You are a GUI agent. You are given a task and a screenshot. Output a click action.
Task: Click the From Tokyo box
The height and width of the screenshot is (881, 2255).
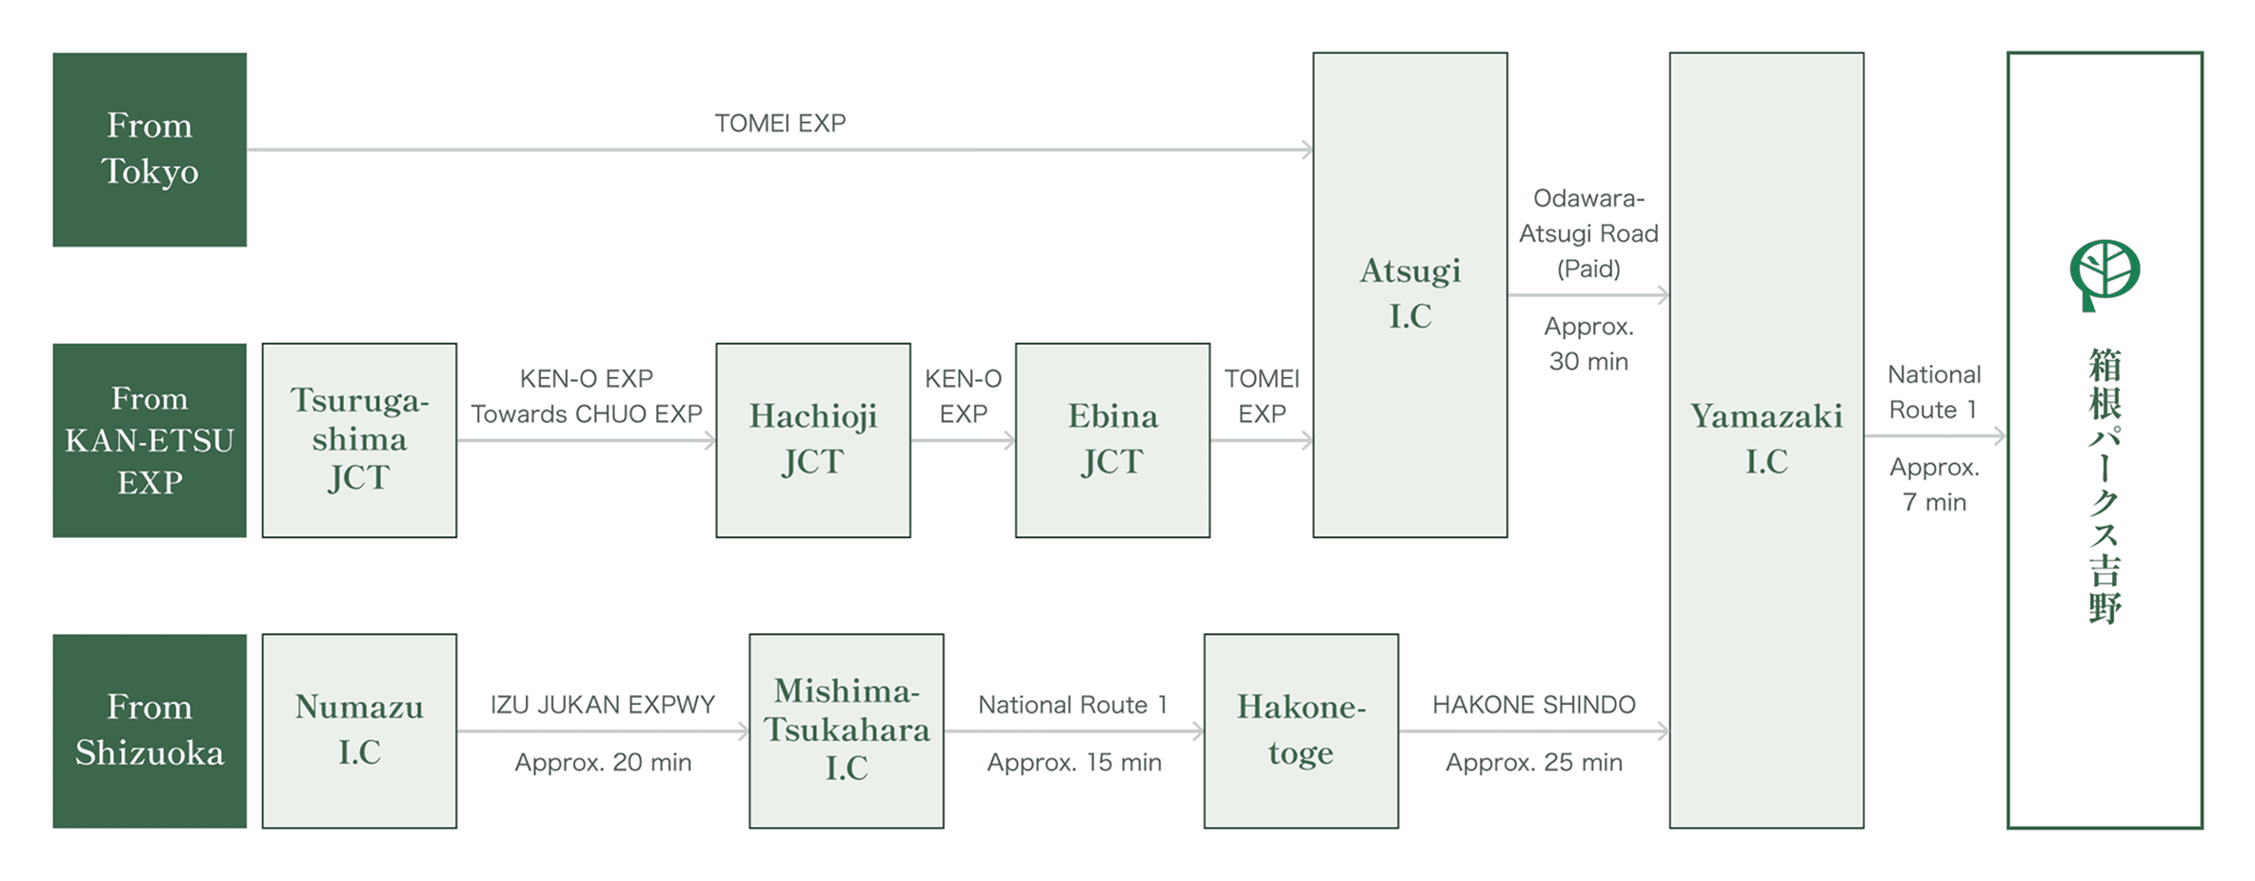150,150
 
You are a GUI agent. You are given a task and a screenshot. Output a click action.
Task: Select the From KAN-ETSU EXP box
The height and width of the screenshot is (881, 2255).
150,440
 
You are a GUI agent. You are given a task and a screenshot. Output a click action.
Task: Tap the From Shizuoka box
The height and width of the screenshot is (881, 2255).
150,731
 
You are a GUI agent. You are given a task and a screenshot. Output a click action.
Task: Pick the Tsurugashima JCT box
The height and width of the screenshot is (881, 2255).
359,440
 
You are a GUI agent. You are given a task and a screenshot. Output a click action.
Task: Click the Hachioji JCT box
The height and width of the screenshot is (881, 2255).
813,440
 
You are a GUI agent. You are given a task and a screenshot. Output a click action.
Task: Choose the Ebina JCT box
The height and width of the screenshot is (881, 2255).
1112,440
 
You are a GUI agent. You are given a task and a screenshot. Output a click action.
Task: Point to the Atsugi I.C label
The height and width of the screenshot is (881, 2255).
1410,293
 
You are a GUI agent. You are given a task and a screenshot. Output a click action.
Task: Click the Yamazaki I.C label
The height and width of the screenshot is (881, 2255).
1766,439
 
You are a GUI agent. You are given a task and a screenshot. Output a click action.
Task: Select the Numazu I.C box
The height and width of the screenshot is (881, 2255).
359,731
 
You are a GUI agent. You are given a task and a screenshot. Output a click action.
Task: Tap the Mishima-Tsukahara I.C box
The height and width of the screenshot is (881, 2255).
847,731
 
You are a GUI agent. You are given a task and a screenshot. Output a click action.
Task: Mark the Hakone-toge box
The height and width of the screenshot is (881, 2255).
1301,731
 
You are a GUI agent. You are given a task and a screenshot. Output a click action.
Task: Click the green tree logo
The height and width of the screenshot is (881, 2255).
2105,275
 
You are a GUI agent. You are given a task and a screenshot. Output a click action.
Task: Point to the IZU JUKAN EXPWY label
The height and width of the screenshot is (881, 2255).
603,705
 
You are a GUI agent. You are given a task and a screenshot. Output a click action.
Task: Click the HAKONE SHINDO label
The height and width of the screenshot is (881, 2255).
1534,705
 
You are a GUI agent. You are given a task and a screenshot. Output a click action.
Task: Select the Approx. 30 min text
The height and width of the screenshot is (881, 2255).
1588,344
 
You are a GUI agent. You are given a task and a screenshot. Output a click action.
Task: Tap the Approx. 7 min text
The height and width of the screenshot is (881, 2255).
1934,485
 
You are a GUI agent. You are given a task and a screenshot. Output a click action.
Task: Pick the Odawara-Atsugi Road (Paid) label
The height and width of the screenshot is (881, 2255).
1588,233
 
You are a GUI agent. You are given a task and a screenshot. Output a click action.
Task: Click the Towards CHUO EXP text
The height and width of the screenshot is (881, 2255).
587,414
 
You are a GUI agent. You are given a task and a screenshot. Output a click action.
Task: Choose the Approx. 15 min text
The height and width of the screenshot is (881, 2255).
1074,762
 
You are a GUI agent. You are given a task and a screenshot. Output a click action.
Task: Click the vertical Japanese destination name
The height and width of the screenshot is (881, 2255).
2105,486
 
